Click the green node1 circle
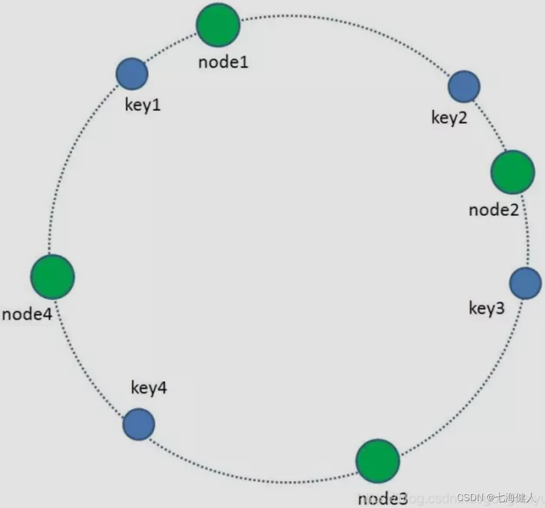218,24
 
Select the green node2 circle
513,172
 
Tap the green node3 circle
377,461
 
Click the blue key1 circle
132,73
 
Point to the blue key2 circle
464,86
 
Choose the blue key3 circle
525,284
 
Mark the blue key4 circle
139,424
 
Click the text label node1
223,62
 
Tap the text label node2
494,209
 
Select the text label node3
382,498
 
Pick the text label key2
449,117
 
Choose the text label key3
487,308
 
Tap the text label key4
149,388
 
